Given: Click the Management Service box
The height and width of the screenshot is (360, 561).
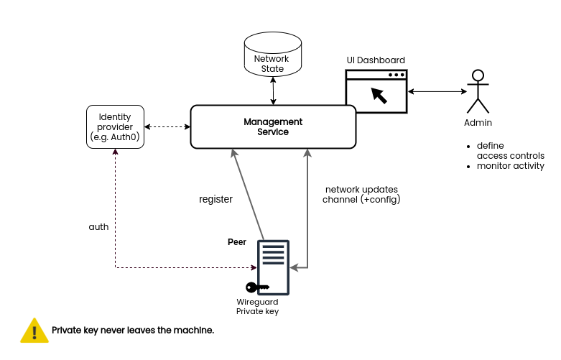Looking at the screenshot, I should click(x=273, y=127).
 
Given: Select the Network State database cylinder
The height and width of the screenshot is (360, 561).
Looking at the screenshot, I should click(x=273, y=56).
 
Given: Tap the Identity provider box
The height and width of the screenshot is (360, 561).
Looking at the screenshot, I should click(x=115, y=127).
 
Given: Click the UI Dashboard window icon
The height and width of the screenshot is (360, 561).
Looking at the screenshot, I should click(x=376, y=91).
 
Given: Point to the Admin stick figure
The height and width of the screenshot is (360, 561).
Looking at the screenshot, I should click(x=478, y=91).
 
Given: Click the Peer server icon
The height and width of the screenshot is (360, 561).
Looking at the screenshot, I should click(x=273, y=267).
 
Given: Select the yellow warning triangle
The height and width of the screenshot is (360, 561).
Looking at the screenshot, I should click(x=34, y=330).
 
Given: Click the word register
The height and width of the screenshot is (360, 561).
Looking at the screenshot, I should click(x=215, y=199).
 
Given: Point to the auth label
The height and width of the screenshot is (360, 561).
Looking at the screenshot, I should click(x=98, y=226).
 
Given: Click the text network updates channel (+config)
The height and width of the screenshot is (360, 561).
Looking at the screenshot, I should click(x=361, y=193).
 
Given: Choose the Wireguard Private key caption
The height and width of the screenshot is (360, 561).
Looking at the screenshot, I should click(x=257, y=307).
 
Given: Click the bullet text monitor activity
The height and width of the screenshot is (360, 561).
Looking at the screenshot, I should click(x=510, y=166).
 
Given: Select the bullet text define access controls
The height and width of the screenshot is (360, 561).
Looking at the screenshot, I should click(x=510, y=150).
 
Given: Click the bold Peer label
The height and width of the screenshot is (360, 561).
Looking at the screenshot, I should click(x=237, y=242).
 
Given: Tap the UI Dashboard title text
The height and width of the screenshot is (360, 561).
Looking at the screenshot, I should click(x=376, y=60).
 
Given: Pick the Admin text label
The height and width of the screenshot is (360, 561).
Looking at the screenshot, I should click(x=478, y=123).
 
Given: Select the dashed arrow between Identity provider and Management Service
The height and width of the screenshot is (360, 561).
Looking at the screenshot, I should click(x=167, y=127).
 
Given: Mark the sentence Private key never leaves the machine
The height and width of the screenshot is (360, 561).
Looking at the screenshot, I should click(x=133, y=330).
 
